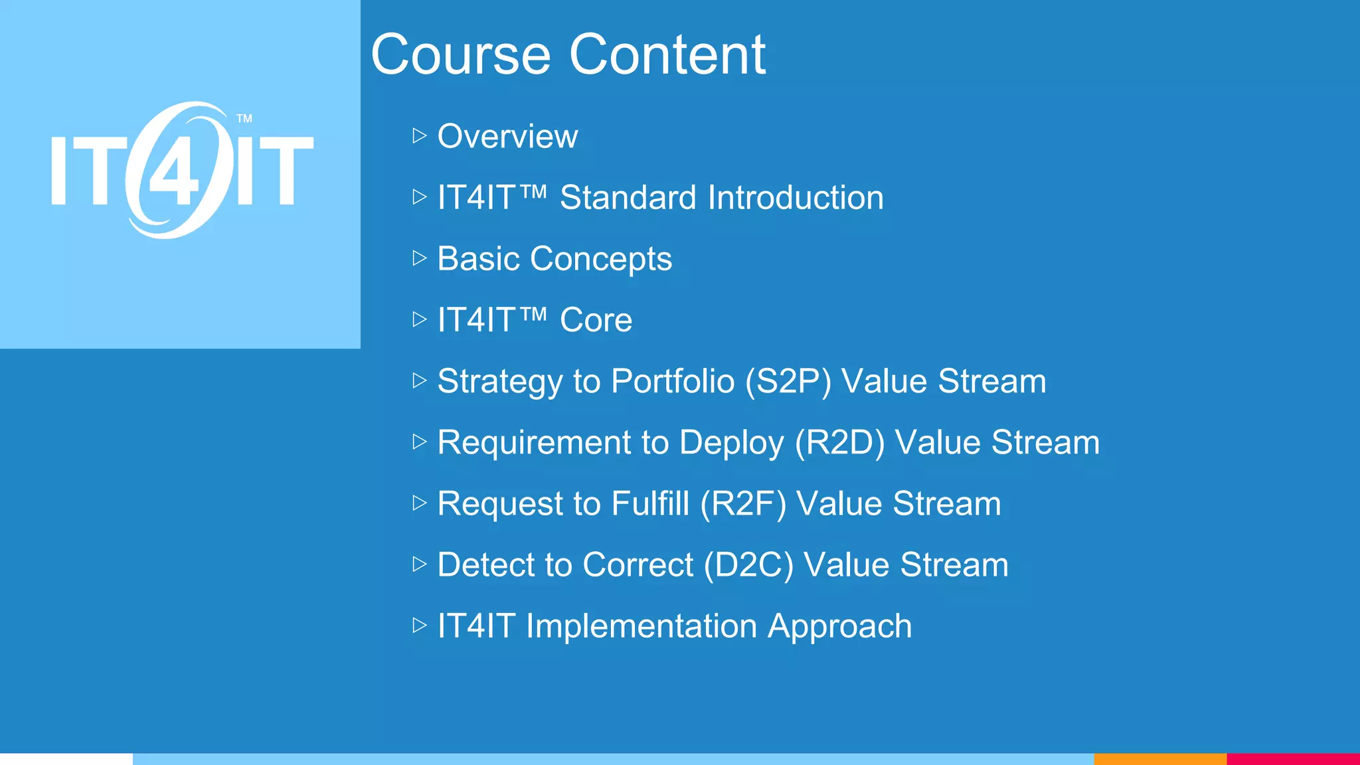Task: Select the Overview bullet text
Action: pos(507,136)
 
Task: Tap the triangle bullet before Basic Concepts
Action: pos(419,258)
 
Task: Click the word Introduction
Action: pos(795,197)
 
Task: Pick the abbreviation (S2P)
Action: pos(788,381)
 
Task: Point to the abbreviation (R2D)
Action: pos(839,442)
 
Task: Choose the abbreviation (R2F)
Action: pos(743,503)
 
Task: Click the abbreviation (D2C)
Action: pos(748,564)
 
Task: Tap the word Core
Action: pos(596,320)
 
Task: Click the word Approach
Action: pos(839,627)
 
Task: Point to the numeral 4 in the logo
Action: pos(174,174)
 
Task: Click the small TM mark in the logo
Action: pos(244,119)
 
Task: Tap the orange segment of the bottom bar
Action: pos(1159,759)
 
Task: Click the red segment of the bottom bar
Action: pos(1293,759)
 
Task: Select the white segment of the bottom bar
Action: pos(66,759)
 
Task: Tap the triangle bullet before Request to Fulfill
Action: pos(419,503)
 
